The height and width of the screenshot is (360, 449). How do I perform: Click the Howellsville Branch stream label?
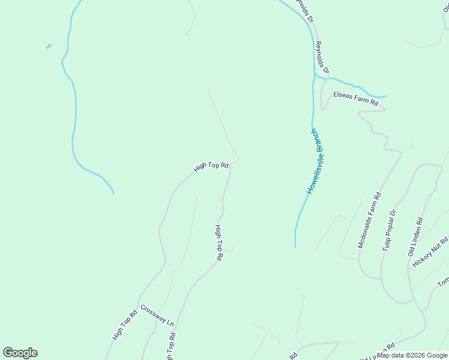[316, 161]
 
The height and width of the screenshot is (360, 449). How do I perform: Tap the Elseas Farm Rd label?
[357, 98]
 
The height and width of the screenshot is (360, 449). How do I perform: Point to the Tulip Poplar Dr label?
[389, 230]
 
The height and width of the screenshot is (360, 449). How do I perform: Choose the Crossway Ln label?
[157, 316]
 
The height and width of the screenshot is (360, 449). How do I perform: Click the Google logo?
[20, 353]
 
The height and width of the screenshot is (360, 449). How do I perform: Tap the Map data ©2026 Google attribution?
[412, 355]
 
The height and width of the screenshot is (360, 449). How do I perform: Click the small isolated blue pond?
[48, 46]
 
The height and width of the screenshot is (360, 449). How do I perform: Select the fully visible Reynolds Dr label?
[322, 58]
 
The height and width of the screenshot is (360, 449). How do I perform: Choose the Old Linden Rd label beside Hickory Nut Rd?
[415, 238]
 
